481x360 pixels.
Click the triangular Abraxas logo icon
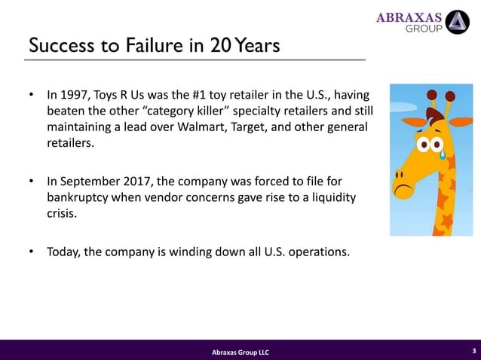457,22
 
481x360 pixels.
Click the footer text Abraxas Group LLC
240,352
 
